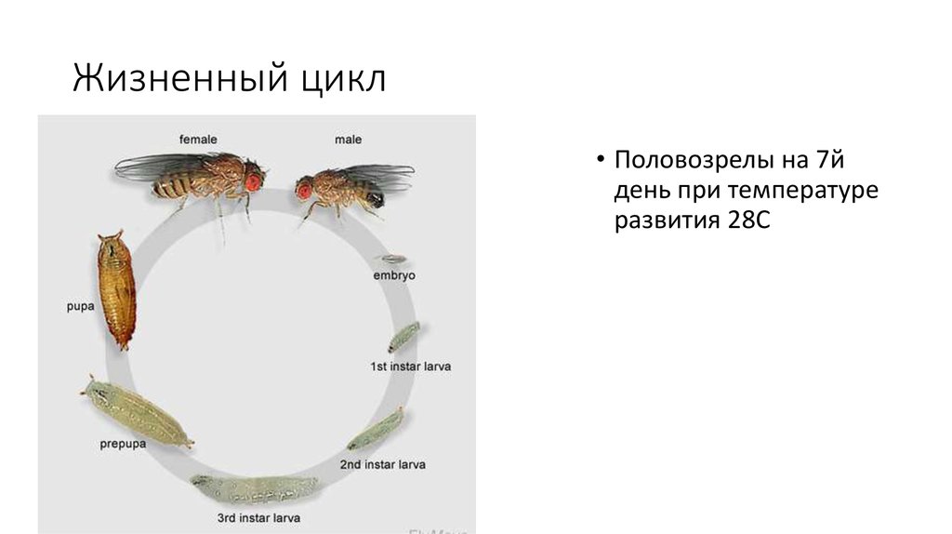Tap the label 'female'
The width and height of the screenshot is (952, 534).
[x=199, y=140]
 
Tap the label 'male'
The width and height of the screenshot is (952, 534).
[x=348, y=140]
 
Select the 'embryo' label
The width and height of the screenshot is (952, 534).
[x=394, y=276]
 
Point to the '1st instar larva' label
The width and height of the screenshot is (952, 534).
[x=410, y=367]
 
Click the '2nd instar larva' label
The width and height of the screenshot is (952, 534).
[x=382, y=463]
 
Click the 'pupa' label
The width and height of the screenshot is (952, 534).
[x=80, y=305]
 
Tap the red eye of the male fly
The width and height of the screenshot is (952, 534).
[x=304, y=190]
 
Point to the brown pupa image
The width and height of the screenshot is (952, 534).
[x=114, y=289]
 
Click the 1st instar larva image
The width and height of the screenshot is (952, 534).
[x=404, y=335]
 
